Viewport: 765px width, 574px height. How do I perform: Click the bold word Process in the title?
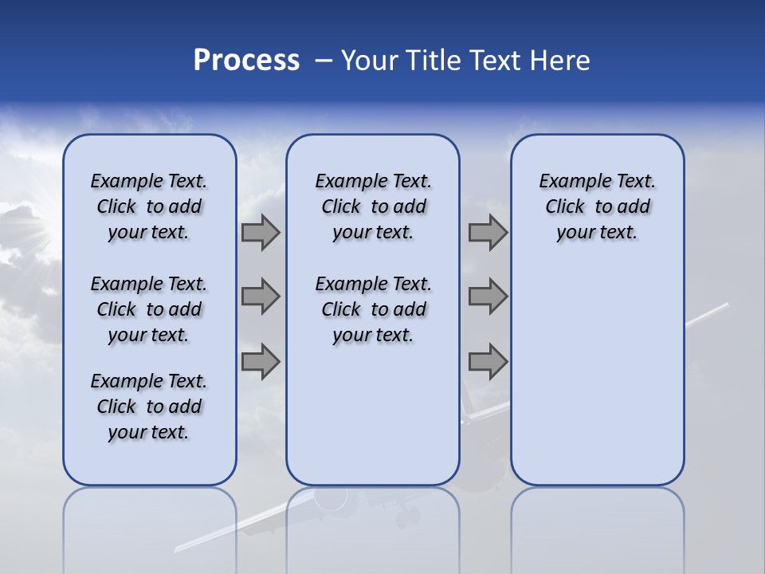point(246,61)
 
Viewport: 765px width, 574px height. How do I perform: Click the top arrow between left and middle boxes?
point(261,232)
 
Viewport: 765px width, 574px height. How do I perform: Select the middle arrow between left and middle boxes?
point(261,297)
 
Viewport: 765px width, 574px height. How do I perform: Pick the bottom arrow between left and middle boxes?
point(261,361)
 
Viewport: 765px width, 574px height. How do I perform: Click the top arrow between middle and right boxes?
point(488,232)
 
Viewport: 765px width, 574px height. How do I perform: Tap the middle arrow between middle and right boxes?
point(488,297)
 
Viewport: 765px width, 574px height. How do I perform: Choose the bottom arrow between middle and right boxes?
point(488,361)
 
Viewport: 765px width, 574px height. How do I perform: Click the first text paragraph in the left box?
point(149,206)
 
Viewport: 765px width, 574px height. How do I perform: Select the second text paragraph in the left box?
point(149,309)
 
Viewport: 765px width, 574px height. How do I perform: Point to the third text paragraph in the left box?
point(149,407)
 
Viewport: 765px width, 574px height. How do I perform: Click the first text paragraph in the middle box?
point(373,206)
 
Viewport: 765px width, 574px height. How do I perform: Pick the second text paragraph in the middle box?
point(373,309)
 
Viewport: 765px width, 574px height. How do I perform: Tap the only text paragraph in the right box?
point(597,206)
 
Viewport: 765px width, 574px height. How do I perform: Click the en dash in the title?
point(324,61)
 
